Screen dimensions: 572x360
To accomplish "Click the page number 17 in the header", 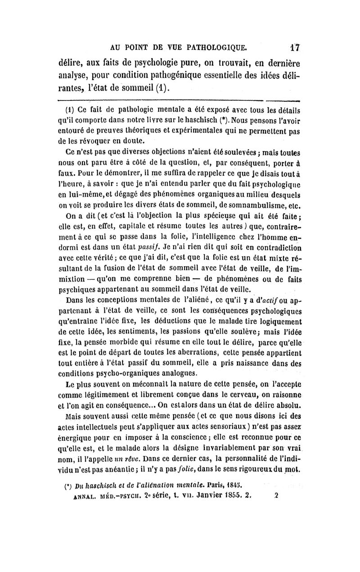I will click(x=295, y=46).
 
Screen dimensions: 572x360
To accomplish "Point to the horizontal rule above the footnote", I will click(x=180, y=101).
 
